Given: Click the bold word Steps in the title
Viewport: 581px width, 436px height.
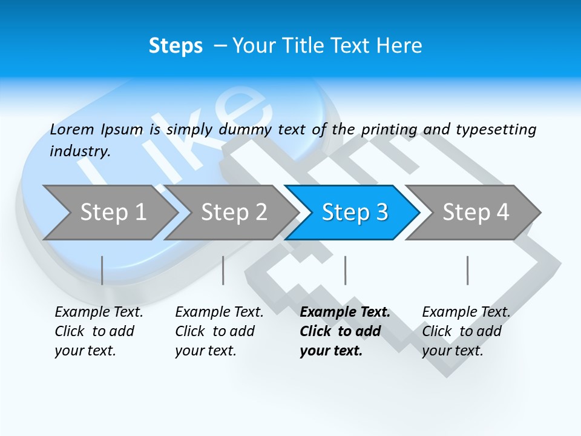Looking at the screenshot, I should click(176, 46).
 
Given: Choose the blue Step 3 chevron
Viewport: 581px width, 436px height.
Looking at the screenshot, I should click(355, 213).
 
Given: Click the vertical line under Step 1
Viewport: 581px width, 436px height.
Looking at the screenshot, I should click(102, 270).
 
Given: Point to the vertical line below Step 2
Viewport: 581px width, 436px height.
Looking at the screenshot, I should click(223, 270).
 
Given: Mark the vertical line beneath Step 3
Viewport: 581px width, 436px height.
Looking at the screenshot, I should click(346, 270).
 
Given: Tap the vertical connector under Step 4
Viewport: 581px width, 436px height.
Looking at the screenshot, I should click(468, 270).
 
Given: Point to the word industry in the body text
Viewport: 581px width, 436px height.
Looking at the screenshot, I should click(80, 151).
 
